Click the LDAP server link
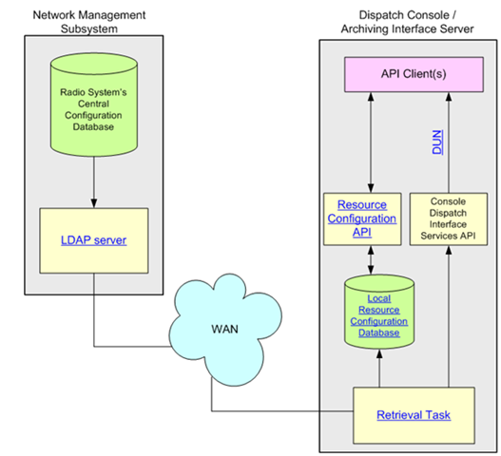(x=93, y=240)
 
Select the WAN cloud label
(x=224, y=329)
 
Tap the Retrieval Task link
(x=414, y=415)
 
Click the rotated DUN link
(x=437, y=142)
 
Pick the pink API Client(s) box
(x=414, y=75)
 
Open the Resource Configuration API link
(x=362, y=218)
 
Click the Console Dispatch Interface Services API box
(x=449, y=218)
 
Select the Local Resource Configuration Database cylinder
(x=379, y=312)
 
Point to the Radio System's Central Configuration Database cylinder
(x=94, y=104)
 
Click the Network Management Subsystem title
(x=89, y=22)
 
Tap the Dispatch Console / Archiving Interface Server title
(x=408, y=22)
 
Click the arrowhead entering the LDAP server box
(x=94, y=203)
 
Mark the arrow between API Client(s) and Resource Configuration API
(x=371, y=142)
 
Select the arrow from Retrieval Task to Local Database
(x=379, y=369)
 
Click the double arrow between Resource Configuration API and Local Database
(x=371, y=260)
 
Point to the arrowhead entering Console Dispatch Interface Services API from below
(x=449, y=250)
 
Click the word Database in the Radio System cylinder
(x=93, y=126)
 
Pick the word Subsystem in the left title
(x=89, y=28)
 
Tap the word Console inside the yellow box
(x=448, y=201)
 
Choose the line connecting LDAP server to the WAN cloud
(x=94, y=347)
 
